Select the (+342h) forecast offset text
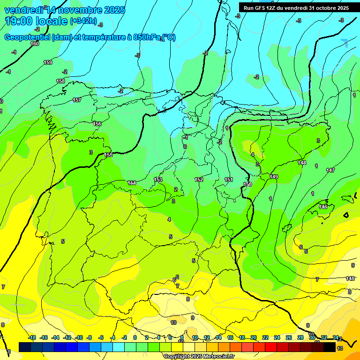click(x=83, y=21)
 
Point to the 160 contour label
click(x=35, y=44)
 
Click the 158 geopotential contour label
click(x=60, y=81)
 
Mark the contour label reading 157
click(x=77, y=100)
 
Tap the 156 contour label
click(x=97, y=124)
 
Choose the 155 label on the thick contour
click(x=108, y=155)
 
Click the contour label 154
click(x=132, y=183)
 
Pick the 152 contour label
click(x=199, y=180)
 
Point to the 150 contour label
click(x=247, y=184)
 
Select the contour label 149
click(x=274, y=177)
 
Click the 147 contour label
click(x=330, y=170)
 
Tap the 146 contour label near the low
click(x=323, y=207)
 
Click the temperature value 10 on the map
click(x=173, y=322)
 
